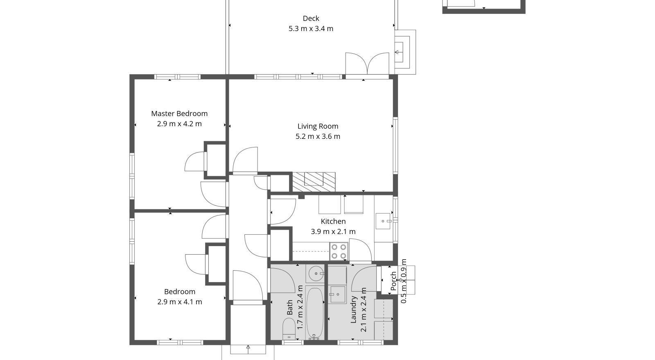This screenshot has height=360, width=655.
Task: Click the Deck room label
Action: [311, 18]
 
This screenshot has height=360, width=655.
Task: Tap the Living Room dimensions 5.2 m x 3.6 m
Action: [318, 136]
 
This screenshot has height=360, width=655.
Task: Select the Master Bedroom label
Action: [179, 113]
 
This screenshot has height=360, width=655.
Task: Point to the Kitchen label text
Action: [333, 221]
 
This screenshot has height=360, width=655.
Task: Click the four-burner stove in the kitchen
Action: [339, 251]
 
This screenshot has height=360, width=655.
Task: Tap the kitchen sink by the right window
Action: [384, 221]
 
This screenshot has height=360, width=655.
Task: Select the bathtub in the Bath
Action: [314, 313]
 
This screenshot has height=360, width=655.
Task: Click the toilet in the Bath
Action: [289, 329]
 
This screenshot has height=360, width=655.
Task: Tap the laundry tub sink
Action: [338, 294]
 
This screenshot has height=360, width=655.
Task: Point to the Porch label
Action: [393, 281]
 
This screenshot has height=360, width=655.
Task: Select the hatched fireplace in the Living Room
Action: [314, 182]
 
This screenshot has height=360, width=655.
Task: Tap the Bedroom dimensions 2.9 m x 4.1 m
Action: [179, 302]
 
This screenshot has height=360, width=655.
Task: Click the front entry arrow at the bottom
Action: [248, 348]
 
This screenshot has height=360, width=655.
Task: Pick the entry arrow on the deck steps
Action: [397, 52]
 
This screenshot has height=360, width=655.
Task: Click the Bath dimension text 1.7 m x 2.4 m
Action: [300, 307]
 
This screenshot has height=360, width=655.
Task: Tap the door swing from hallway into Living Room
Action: [246, 160]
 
